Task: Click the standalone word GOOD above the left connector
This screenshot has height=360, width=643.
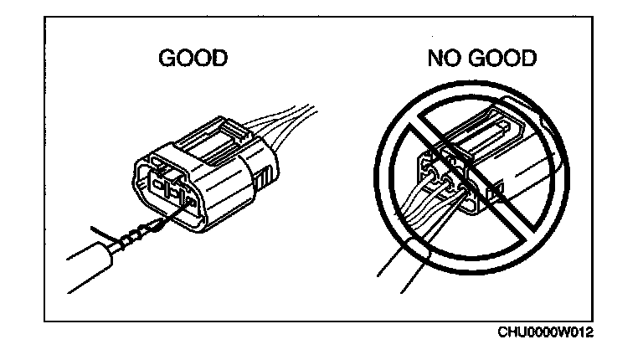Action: pos(193,60)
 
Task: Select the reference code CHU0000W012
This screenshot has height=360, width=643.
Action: pos(546,333)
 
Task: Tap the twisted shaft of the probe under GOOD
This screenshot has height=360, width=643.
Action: pos(134,239)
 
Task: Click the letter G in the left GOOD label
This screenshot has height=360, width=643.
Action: pos(167,60)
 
